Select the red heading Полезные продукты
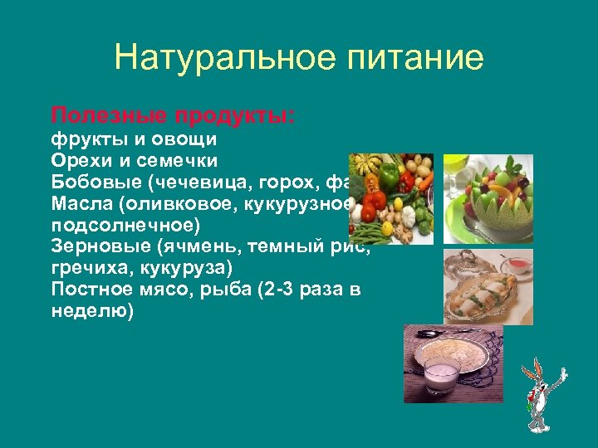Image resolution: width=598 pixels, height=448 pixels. tap(173, 114)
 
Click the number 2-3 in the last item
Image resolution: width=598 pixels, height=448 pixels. tap(279, 290)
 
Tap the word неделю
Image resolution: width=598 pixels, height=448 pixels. tap(91, 312)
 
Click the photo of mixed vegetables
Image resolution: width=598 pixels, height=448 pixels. tap(390, 199)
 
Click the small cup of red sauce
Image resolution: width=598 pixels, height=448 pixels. tap(518, 265)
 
